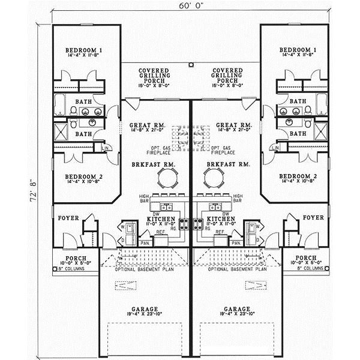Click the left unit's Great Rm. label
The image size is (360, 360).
point(143,125)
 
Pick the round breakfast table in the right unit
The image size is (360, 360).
point(213,178)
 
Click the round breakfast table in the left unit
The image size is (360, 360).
point(167,178)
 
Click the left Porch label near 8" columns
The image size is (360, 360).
point(71,257)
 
